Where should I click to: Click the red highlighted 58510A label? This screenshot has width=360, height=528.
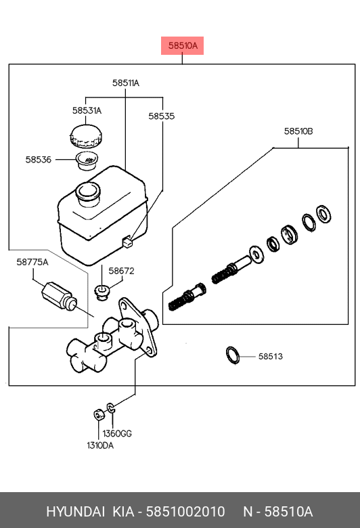pyautogui.click(x=182, y=45)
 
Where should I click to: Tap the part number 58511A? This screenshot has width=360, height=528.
pyautogui.click(x=126, y=83)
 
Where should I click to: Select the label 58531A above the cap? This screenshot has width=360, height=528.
pyautogui.click(x=87, y=110)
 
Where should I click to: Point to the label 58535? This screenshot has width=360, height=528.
pyautogui.click(x=162, y=116)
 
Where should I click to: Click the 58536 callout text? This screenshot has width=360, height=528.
pyautogui.click(x=39, y=160)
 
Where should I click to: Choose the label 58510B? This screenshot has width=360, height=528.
pyautogui.click(x=298, y=131)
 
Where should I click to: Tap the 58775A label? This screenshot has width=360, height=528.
pyautogui.click(x=32, y=262)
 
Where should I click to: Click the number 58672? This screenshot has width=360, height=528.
pyautogui.click(x=121, y=271)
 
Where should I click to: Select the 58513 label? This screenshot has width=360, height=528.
pyautogui.click(x=271, y=356)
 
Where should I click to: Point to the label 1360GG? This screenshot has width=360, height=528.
pyautogui.click(x=117, y=433)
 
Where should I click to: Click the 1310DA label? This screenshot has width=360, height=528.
pyautogui.click(x=100, y=445)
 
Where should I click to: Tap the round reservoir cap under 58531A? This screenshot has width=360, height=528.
pyautogui.click(x=86, y=136)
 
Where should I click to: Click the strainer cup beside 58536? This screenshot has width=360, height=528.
pyautogui.click(x=87, y=160)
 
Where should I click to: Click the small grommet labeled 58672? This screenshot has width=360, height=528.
pyautogui.click(x=102, y=292)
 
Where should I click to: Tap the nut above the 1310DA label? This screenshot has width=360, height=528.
pyautogui.click(x=99, y=414)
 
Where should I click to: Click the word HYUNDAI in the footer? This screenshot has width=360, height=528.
pyautogui.click(x=75, y=512)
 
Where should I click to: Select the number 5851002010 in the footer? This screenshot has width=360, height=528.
pyautogui.click(x=185, y=512)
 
